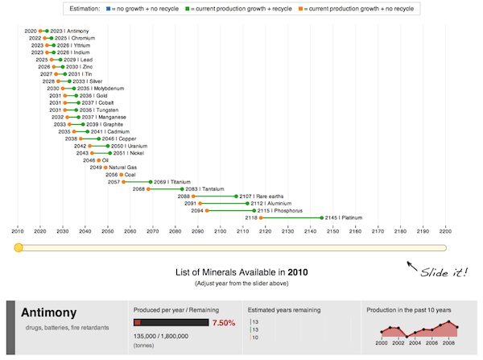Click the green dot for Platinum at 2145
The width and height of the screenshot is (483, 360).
coord(322,217)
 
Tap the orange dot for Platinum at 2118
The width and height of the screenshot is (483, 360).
coord(260,217)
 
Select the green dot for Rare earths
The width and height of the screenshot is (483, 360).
coord(236,196)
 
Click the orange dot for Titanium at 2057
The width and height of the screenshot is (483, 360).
coord(123,182)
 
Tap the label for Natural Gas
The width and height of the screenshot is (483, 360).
coord(122,168)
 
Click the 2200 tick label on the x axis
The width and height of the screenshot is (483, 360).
coord(444,231)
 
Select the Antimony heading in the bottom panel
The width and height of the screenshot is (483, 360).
coord(48,312)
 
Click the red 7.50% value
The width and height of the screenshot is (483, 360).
coord(224,323)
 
